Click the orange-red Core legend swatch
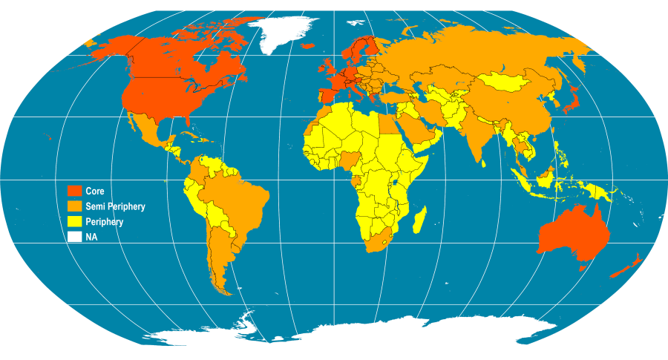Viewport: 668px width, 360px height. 74,192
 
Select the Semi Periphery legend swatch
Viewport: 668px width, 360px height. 74,206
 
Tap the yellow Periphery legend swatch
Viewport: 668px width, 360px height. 74,222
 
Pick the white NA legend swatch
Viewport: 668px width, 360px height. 74,238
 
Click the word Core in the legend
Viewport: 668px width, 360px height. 95,192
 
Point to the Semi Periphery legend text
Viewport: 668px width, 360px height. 115,206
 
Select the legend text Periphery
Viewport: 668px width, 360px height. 105,222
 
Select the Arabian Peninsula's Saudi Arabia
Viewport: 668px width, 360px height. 419,129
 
